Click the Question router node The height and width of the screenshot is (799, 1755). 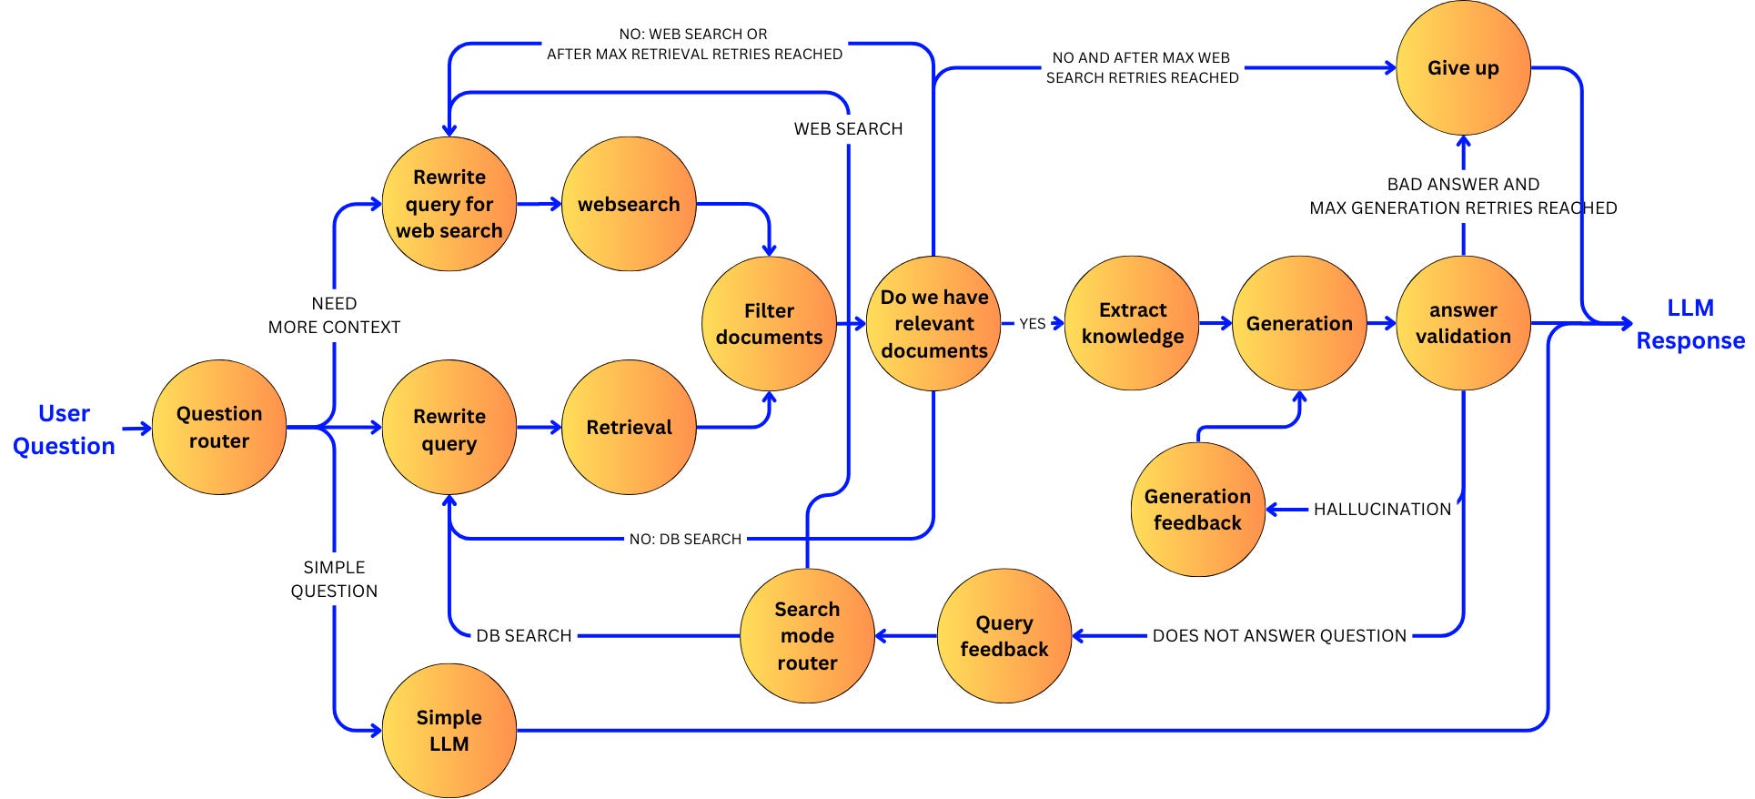click(218, 427)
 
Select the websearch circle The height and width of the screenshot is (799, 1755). click(629, 204)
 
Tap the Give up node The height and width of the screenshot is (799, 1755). click(1463, 68)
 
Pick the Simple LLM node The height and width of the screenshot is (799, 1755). click(449, 731)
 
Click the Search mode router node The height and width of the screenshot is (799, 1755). click(807, 636)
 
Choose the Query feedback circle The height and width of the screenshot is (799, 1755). click(1004, 636)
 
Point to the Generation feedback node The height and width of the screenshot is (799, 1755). click(1197, 510)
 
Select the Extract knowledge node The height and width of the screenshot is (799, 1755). click(1132, 323)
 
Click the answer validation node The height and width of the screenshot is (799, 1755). click(1463, 323)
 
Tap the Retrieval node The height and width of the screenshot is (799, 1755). click(629, 427)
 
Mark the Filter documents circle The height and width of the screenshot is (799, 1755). click(769, 324)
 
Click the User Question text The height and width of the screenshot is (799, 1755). click(64, 430)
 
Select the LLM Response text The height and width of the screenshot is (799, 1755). click(1689, 324)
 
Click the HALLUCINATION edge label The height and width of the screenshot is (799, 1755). click(1382, 510)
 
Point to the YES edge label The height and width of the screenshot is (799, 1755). click(1032, 324)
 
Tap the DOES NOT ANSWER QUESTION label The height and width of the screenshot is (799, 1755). click(1279, 636)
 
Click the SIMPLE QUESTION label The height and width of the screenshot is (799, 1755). click(334, 579)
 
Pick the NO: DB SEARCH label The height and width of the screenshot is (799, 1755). click(685, 540)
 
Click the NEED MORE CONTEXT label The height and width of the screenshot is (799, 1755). click(334, 315)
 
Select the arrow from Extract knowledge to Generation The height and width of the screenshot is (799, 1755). click(1215, 323)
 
